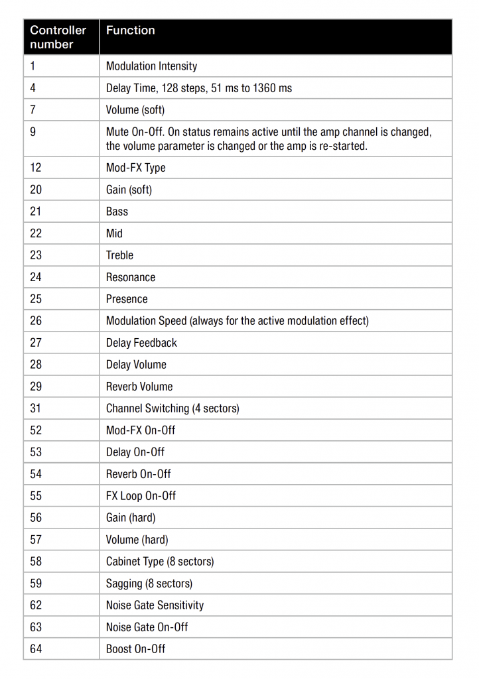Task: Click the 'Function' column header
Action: click(131, 31)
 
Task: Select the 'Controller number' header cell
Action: click(58, 37)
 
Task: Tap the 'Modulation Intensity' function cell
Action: click(151, 66)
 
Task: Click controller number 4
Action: click(33, 88)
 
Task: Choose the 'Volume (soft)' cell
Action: click(135, 110)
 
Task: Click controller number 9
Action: click(33, 132)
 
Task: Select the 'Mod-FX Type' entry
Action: click(135, 168)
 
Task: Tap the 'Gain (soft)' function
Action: click(129, 190)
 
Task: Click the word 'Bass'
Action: click(117, 212)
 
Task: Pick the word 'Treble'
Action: click(119, 255)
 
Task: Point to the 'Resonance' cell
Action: click(131, 277)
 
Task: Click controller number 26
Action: click(36, 321)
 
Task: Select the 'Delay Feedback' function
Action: click(141, 343)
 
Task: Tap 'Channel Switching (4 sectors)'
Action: click(172, 408)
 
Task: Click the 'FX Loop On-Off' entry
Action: click(141, 496)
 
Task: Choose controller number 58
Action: click(36, 562)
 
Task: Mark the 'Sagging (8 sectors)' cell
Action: click(149, 584)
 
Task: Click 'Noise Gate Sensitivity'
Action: click(155, 605)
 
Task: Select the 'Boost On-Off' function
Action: click(135, 649)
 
